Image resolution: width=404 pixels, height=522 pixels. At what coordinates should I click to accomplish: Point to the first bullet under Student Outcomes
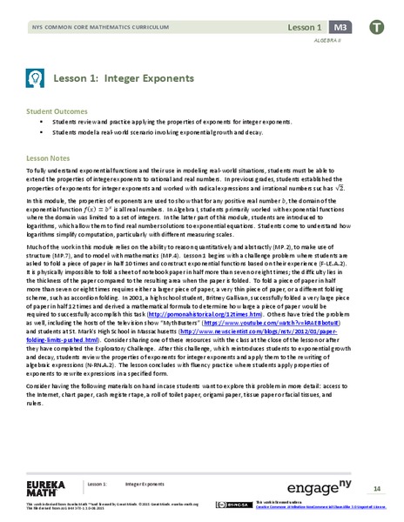coord(65,124)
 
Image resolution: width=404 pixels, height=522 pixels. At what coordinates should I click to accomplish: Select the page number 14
coord(376,483)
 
